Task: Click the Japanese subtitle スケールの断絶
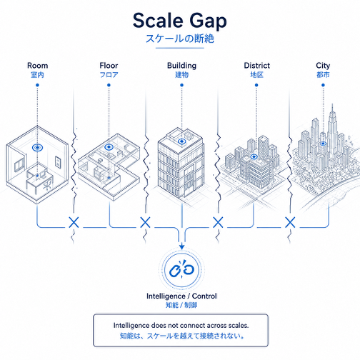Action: point(180,39)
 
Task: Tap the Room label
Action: point(37,66)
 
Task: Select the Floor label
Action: point(109,66)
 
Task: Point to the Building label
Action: point(181,66)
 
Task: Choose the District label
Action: point(257,66)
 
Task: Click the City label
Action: point(323,66)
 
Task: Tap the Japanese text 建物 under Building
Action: point(182,75)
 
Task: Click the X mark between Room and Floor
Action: point(74,223)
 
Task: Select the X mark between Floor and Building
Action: point(145,223)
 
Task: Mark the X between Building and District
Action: point(218,223)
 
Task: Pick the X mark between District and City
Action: point(290,223)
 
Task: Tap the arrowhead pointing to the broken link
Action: point(182,246)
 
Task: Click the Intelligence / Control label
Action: point(181,296)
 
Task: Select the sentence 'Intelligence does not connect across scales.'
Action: point(181,326)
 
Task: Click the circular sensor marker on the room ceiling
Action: point(37,148)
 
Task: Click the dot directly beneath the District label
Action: point(256,85)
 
